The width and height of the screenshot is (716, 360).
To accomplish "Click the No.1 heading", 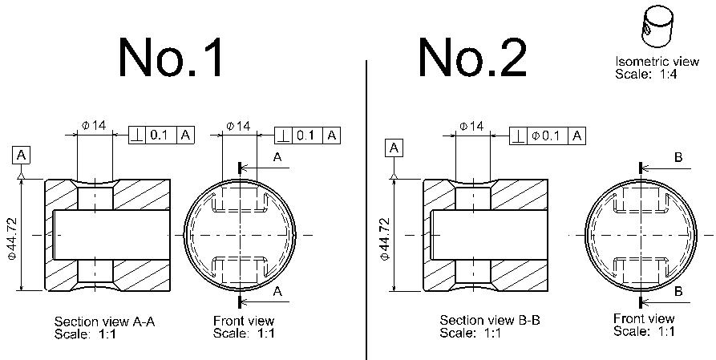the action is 172,57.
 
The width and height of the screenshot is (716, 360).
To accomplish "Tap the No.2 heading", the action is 472,57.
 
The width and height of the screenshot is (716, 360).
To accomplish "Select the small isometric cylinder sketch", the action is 657,26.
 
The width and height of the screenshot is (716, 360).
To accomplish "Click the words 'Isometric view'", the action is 657,61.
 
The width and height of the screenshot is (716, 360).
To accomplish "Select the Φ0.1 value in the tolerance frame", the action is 547,136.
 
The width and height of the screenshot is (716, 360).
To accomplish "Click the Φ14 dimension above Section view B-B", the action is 471,126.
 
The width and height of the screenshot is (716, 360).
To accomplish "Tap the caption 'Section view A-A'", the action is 104,322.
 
